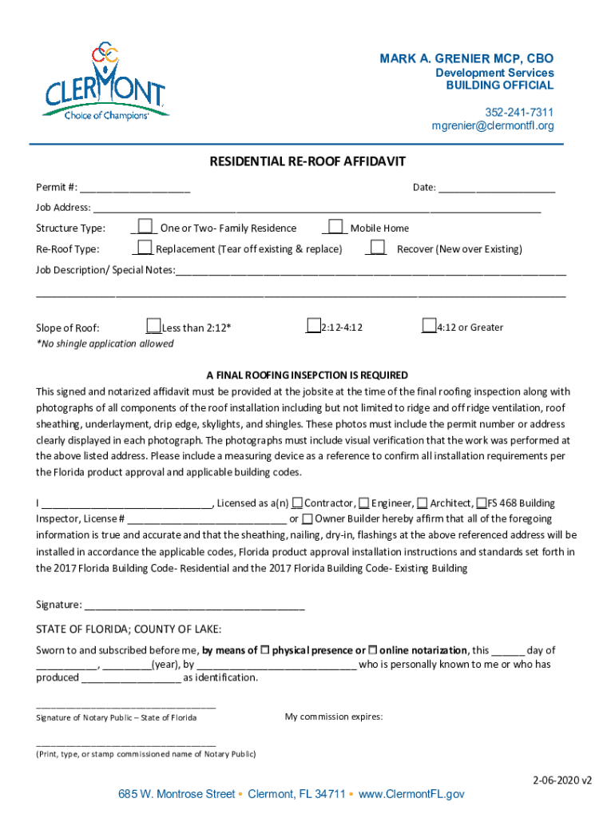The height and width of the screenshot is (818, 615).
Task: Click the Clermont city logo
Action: (x=105, y=82)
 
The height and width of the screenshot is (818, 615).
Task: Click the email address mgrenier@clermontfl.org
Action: (x=493, y=125)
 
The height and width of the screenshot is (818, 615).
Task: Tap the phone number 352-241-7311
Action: (x=520, y=112)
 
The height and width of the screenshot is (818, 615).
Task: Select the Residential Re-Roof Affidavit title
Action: (x=307, y=162)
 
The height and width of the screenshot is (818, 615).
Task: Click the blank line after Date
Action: (x=497, y=189)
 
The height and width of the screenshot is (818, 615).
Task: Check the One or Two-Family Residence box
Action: (x=145, y=227)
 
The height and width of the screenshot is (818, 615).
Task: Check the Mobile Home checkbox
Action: (x=336, y=227)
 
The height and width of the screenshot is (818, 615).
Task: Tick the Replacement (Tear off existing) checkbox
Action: (x=145, y=248)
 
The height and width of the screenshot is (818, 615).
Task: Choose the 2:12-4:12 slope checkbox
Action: (x=314, y=326)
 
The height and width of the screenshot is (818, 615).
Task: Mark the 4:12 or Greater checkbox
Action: (x=430, y=326)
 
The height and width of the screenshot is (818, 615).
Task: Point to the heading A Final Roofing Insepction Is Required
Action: (x=307, y=375)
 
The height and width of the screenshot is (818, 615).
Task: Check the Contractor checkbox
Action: (x=297, y=503)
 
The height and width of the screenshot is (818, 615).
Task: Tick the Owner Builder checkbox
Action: (x=307, y=519)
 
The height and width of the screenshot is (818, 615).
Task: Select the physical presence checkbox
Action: (x=266, y=650)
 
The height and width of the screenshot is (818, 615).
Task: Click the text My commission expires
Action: (x=334, y=717)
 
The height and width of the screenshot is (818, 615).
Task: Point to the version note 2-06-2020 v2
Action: (x=562, y=780)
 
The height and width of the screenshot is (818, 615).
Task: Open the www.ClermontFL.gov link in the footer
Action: (x=411, y=794)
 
